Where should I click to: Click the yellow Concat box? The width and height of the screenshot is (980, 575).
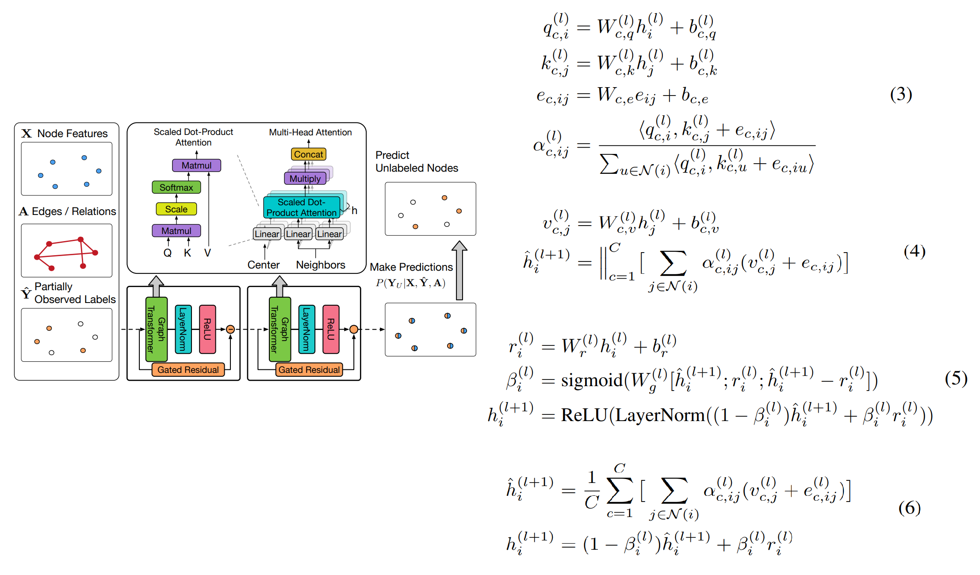(308, 154)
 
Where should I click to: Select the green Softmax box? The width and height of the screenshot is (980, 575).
(176, 188)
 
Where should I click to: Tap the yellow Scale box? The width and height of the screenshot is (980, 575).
(176, 209)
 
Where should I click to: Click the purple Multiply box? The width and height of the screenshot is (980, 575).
(305, 179)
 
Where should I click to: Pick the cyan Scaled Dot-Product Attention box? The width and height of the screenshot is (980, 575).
(301, 207)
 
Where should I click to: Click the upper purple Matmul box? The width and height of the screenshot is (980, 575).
(196, 165)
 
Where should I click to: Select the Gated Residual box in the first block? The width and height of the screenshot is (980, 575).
(188, 370)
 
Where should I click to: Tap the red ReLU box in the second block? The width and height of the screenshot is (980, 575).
(331, 330)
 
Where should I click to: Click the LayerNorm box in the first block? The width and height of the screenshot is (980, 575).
(183, 330)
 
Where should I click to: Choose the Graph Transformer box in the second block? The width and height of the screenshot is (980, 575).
(279, 330)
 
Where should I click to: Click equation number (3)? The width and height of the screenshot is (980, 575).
(901, 94)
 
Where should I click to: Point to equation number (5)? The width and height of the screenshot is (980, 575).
(956, 379)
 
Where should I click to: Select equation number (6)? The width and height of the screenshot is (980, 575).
(909, 508)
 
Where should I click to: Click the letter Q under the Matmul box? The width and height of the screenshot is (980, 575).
(168, 253)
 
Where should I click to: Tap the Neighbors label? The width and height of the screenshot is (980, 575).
(321, 265)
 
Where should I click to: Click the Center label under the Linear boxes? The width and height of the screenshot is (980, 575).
(264, 265)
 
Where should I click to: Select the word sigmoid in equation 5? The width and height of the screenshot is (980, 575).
(592, 380)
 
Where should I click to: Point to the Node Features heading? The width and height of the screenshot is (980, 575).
(72, 134)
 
